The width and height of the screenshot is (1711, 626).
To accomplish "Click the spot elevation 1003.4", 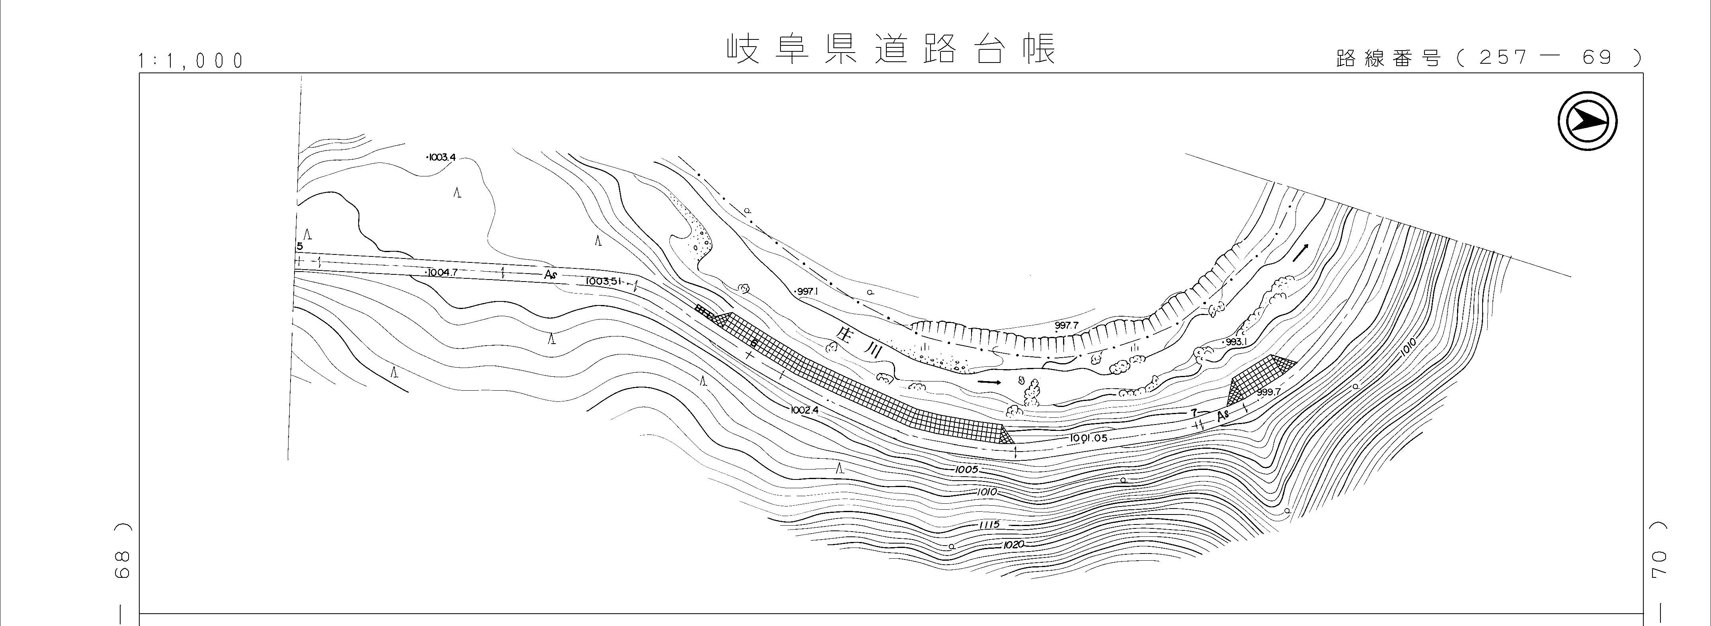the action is click(x=440, y=158).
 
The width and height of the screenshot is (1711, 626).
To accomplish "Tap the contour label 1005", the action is click(x=967, y=470).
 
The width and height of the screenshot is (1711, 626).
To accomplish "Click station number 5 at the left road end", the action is click(x=300, y=246).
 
